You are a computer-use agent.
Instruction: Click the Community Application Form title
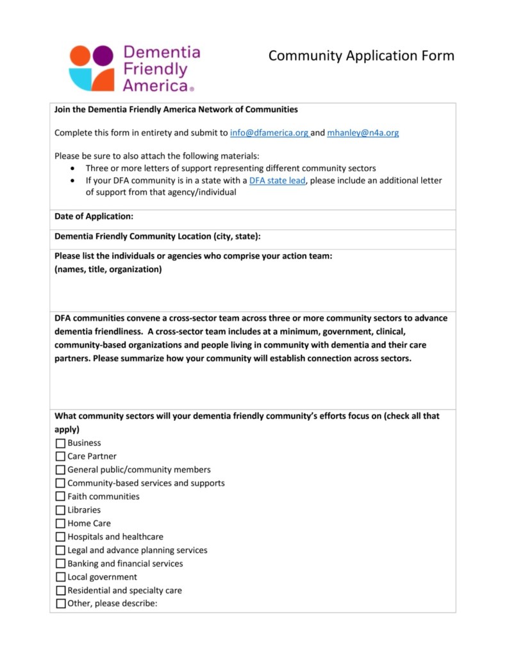point(361,56)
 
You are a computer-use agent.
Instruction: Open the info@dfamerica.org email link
point(269,133)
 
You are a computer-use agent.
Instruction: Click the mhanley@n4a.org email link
point(363,133)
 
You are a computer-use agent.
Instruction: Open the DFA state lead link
point(277,180)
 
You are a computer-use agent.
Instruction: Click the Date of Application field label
point(94,217)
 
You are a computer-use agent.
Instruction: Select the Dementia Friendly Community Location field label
point(157,236)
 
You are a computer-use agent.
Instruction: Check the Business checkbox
point(61,443)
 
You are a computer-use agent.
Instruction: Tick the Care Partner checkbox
point(61,457)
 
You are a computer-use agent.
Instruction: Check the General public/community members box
point(61,470)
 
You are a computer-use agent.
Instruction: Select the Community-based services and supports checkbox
point(61,483)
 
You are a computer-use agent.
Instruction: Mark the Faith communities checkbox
point(61,497)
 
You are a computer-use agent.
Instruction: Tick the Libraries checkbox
point(61,510)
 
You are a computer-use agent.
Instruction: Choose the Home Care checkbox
point(61,524)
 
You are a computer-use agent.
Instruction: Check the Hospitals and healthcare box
point(61,537)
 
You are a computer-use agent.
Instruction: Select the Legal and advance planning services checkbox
point(61,550)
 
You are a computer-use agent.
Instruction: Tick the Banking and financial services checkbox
point(61,564)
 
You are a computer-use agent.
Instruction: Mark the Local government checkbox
point(61,577)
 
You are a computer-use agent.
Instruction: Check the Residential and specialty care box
point(61,591)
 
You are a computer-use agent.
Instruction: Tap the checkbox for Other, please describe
point(61,604)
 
